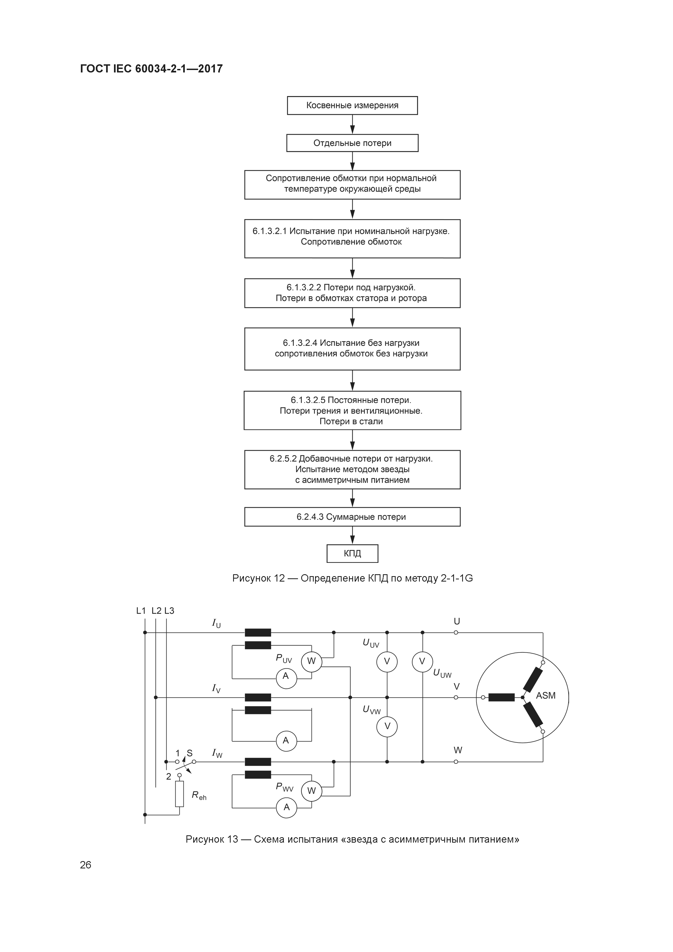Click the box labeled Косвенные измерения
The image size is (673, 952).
(x=352, y=105)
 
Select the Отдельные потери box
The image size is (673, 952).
(x=352, y=143)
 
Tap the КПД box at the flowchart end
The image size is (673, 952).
(x=352, y=554)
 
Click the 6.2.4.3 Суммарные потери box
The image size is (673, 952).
(x=352, y=517)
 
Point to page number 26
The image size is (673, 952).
(x=85, y=865)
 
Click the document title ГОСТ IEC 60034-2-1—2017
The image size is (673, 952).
(x=151, y=69)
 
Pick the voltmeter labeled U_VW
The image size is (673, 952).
(x=387, y=726)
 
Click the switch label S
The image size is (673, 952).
(x=189, y=753)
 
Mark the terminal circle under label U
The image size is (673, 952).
(x=456, y=633)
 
